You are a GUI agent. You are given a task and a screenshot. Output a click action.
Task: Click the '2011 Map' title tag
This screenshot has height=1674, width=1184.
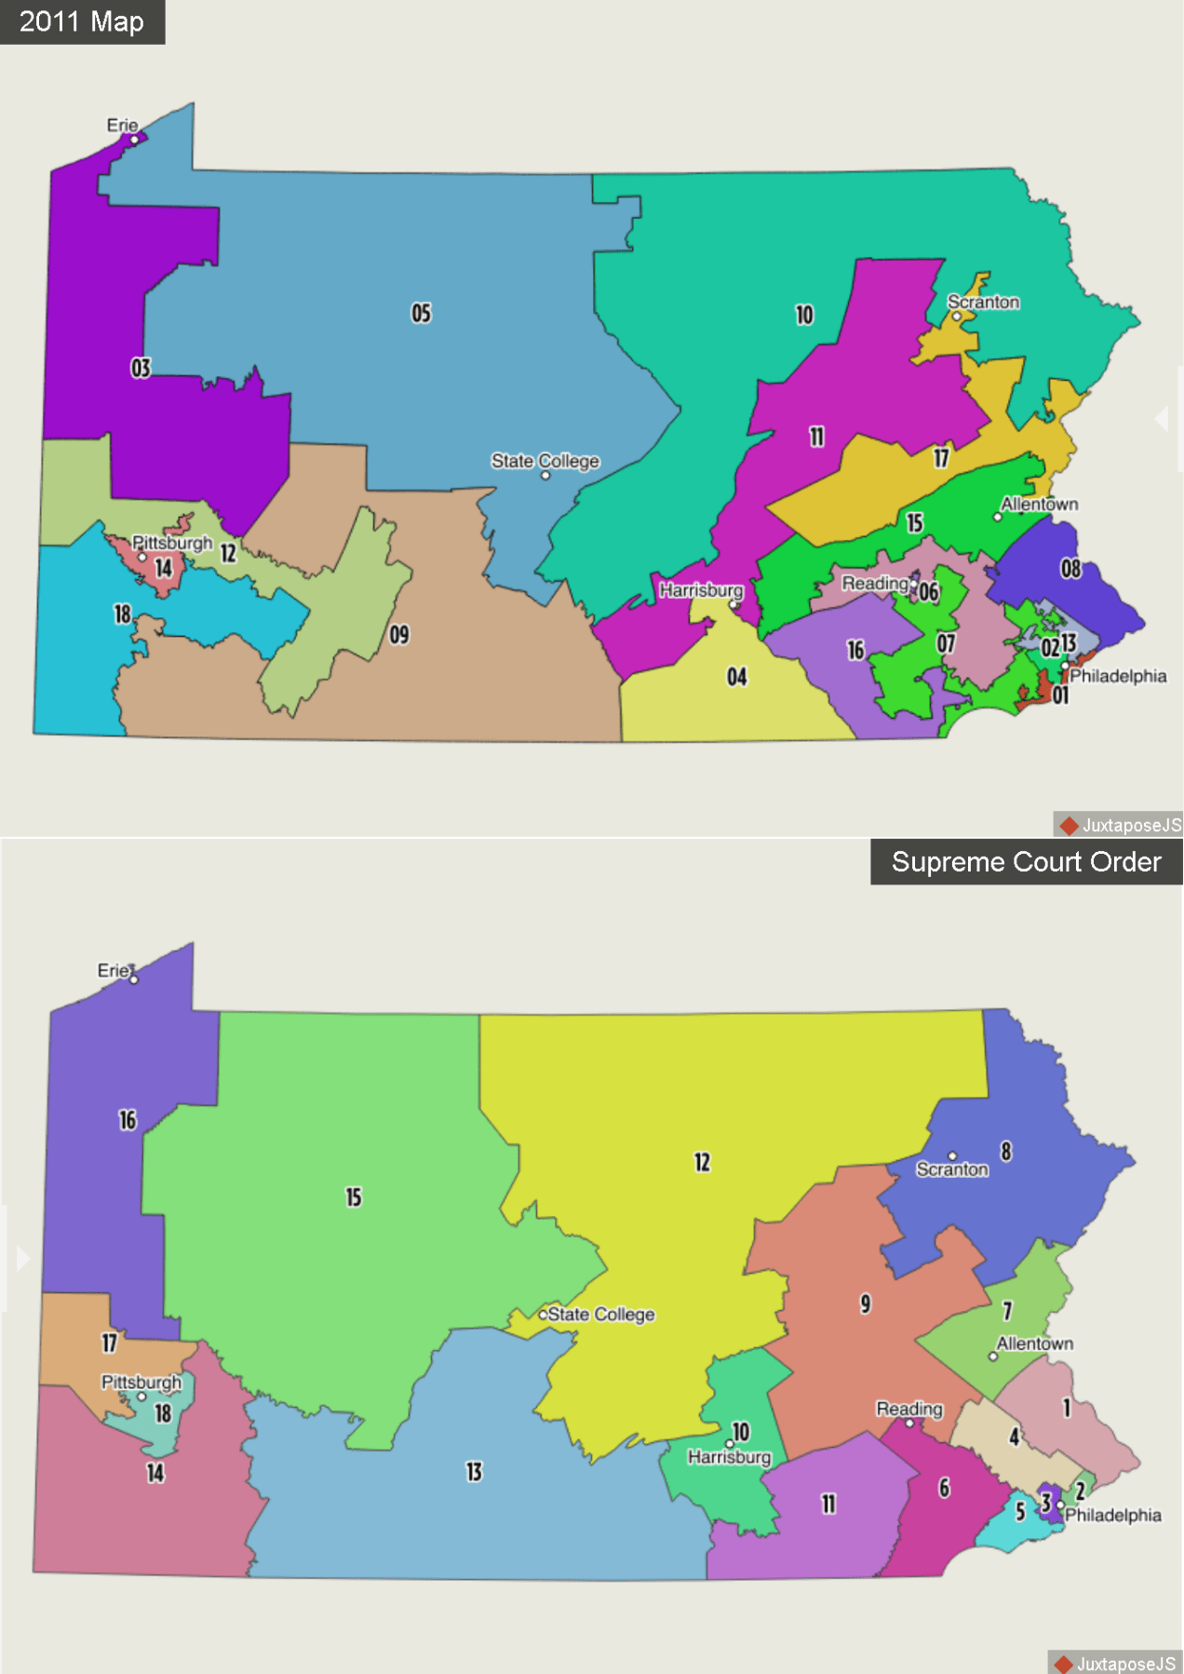(82, 21)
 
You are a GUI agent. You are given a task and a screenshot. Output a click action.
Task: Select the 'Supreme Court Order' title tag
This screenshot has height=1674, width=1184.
(1026, 862)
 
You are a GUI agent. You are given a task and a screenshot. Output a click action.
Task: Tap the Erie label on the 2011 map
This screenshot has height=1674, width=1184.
(122, 125)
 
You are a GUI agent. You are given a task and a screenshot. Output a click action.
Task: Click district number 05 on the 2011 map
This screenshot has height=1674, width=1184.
(422, 313)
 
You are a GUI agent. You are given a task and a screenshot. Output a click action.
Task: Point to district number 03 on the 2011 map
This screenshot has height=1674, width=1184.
(141, 369)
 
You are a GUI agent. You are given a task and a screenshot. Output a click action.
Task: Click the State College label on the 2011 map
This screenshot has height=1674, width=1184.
(545, 461)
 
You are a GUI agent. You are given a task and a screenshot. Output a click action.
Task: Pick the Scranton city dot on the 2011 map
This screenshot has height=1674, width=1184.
(956, 317)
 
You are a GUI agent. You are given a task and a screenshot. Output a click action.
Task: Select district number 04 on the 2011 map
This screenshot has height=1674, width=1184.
(736, 677)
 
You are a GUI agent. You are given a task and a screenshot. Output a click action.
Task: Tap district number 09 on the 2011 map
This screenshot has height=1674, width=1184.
(399, 635)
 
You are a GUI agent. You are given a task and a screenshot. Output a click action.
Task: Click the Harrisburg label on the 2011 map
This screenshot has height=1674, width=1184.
(701, 590)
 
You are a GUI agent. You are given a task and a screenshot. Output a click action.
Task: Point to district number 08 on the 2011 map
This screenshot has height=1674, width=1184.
(1070, 568)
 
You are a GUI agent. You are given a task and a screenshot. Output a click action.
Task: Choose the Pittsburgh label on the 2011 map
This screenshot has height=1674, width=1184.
(172, 542)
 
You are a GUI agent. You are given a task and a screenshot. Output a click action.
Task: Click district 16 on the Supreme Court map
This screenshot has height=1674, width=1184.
(128, 1120)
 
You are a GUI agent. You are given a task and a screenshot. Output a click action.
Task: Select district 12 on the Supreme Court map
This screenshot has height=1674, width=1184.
(702, 1162)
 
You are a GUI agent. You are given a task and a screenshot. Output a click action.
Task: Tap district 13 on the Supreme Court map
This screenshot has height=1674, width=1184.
(474, 1472)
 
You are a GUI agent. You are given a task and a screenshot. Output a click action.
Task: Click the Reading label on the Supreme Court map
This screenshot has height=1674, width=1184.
(908, 1409)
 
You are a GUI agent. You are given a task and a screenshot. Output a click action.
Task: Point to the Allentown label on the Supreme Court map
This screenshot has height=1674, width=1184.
(1034, 1343)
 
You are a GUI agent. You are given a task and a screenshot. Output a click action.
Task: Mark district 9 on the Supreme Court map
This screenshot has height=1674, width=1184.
(866, 1303)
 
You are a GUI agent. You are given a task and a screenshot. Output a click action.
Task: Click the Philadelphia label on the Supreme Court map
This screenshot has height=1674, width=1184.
(1112, 1515)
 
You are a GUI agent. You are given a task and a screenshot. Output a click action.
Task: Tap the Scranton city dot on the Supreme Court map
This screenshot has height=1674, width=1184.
(952, 1156)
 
